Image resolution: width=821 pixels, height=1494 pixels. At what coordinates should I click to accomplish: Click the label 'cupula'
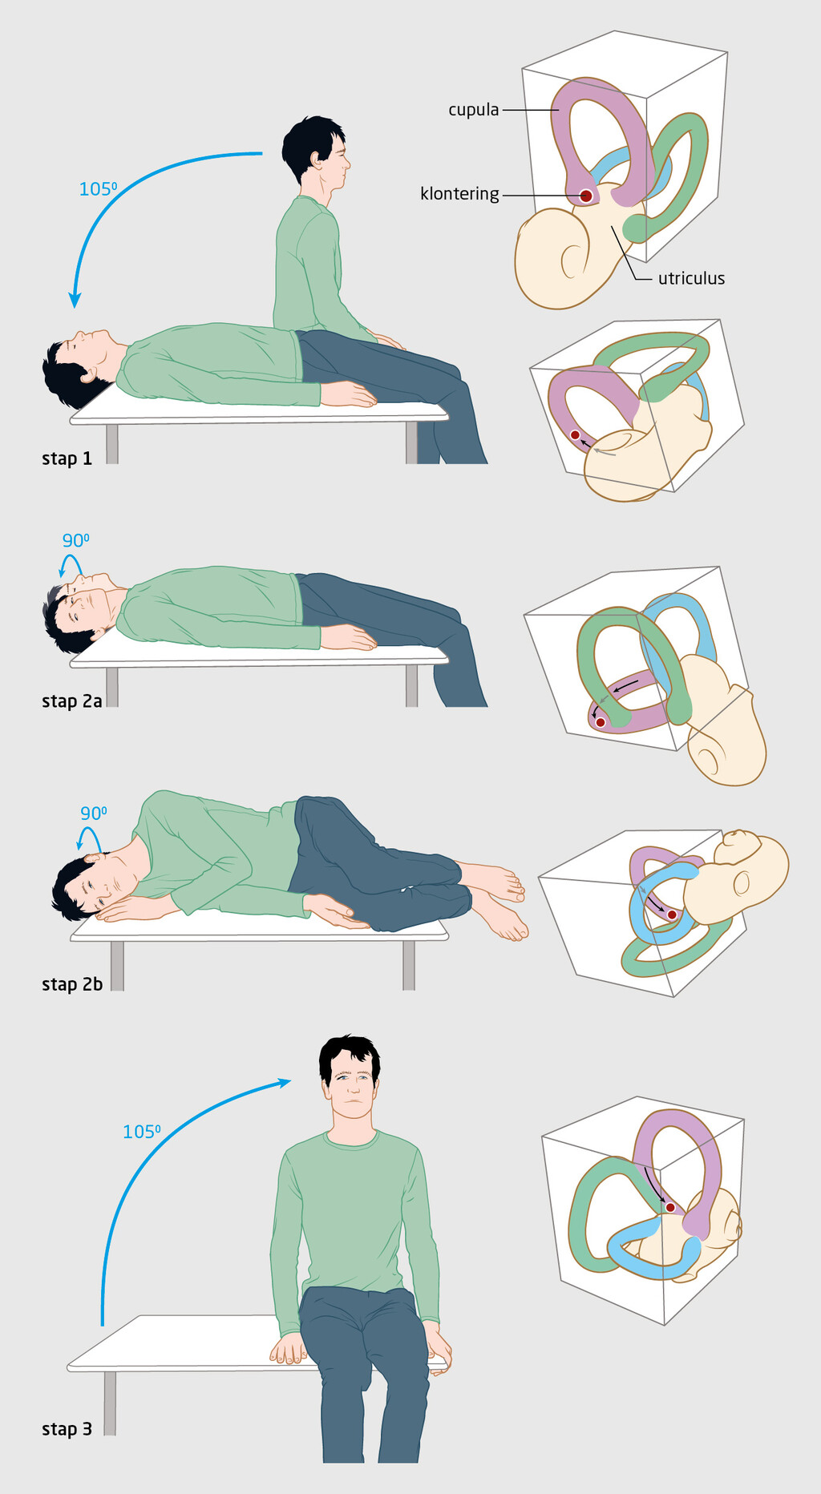point(473,110)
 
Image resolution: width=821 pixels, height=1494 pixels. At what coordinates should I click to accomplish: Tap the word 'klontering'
point(459,194)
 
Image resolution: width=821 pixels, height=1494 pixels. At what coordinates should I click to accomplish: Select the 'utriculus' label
point(691,279)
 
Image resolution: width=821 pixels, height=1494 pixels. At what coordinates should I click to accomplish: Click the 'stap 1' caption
point(67,458)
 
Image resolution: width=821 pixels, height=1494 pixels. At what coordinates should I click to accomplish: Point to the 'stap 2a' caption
point(71,701)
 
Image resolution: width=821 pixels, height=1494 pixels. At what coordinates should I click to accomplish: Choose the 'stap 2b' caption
point(71,984)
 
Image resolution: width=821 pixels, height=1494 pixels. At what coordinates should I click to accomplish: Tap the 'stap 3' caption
point(67,1429)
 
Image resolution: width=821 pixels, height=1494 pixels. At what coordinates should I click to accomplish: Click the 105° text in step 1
point(98,189)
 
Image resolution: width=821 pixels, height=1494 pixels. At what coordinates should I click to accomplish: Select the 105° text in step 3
point(141,1132)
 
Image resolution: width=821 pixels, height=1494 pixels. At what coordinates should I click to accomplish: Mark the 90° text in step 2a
point(75,540)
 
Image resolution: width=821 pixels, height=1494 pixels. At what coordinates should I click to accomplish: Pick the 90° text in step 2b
point(93,813)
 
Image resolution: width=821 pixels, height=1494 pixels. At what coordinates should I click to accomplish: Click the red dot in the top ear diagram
point(586,196)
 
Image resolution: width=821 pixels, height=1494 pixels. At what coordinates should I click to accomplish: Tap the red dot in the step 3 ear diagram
point(670,1207)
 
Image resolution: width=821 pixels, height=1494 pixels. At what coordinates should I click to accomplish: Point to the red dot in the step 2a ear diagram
point(601,722)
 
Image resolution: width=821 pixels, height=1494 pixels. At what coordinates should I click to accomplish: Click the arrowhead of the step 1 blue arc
point(75,301)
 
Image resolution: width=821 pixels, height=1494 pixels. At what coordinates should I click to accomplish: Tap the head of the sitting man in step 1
point(317,152)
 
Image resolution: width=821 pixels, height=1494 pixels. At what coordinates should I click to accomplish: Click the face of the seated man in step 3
point(350,1080)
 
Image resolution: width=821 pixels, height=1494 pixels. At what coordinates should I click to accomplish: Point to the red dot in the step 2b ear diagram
point(672,915)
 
